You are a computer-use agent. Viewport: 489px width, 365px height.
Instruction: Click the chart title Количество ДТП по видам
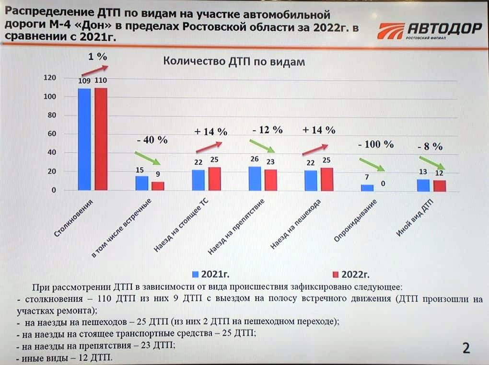(x=234, y=62)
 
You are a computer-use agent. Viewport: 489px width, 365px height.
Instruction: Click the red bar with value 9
(x=158, y=186)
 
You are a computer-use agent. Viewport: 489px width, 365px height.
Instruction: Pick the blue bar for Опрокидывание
(x=367, y=187)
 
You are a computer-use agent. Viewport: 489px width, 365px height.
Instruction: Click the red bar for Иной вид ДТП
(x=440, y=185)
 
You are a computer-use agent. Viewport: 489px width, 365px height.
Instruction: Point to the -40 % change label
(x=151, y=140)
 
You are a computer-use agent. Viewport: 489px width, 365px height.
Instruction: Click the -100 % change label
(x=376, y=144)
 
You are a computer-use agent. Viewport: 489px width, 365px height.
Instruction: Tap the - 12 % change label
(x=267, y=130)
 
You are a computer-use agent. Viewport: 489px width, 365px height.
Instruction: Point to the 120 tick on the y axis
(x=49, y=78)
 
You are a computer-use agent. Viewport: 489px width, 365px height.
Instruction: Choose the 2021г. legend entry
(x=210, y=274)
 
